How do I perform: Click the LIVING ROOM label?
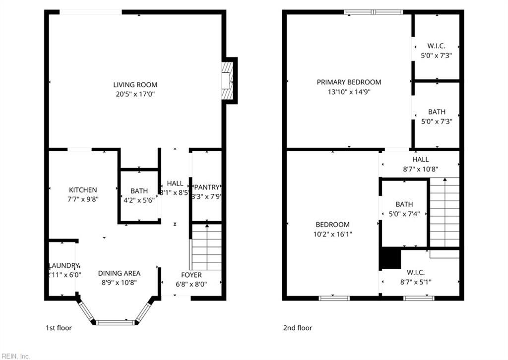[x=135, y=85]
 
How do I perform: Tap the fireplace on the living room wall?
[x=227, y=80]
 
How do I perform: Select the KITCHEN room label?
[x=83, y=190]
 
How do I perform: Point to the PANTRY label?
[x=206, y=187]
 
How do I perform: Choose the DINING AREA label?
[x=119, y=273]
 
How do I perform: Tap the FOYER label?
[x=191, y=275]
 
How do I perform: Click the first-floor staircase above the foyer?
[x=206, y=247]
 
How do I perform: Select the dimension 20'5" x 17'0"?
[x=134, y=94]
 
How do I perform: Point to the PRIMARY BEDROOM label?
[x=349, y=82]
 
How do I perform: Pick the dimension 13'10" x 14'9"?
[x=349, y=91]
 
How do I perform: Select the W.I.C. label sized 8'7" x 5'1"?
[x=415, y=272]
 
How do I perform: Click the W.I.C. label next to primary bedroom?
[x=437, y=46]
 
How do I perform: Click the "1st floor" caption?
[x=59, y=328]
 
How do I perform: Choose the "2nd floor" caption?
[x=298, y=328]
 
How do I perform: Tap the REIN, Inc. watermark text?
[x=16, y=356]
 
